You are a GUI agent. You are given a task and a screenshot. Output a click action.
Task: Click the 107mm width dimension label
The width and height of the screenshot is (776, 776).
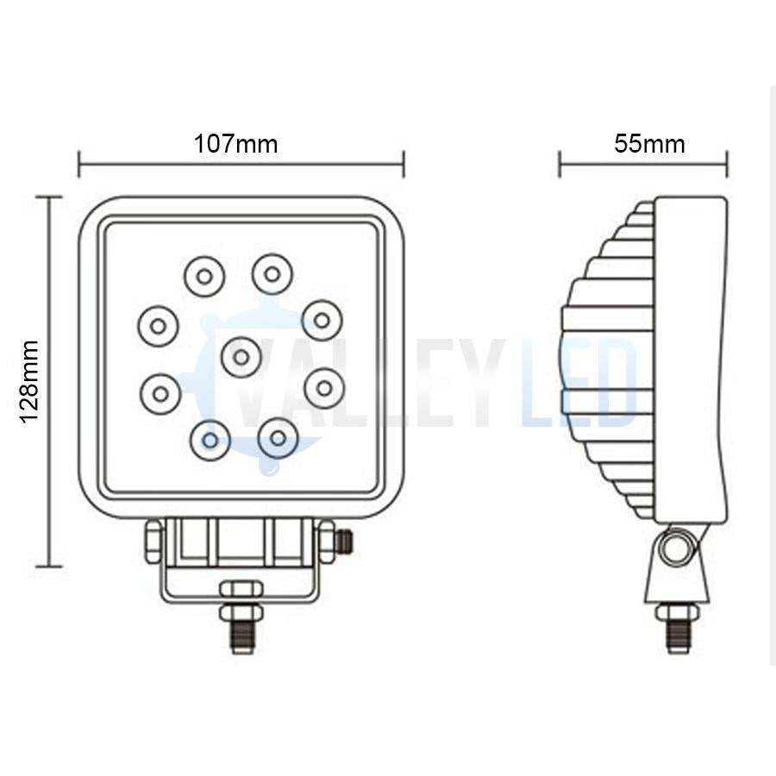(x=235, y=143)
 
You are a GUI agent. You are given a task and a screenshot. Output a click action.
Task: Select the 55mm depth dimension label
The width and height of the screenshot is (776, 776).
(x=649, y=143)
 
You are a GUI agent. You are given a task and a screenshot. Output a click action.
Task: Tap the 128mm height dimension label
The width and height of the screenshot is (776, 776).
(x=30, y=381)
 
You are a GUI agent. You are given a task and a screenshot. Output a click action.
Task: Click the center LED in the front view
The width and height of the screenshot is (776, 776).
(x=241, y=356)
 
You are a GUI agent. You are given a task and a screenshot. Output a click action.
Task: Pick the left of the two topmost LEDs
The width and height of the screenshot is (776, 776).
(x=204, y=276)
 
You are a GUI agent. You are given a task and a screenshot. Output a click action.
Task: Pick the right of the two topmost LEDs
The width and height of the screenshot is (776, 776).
(x=272, y=274)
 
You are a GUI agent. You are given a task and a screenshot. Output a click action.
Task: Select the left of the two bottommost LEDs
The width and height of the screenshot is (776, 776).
(x=210, y=438)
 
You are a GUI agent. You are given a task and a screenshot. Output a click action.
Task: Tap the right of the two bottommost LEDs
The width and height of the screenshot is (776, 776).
(x=278, y=437)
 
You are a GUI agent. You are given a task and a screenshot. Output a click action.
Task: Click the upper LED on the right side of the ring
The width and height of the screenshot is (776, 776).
(x=322, y=320)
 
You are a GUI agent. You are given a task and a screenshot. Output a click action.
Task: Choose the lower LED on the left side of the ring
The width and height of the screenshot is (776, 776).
(x=160, y=393)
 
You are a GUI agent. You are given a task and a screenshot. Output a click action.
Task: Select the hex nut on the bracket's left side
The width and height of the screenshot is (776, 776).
(x=153, y=541)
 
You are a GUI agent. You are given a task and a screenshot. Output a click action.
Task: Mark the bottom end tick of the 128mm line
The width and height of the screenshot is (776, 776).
(x=48, y=566)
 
